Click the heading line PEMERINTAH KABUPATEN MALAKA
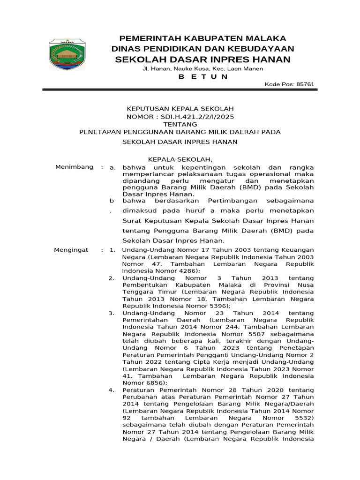tap(202, 38)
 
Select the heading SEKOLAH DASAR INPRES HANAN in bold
tap(202, 59)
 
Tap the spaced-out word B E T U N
tap(203, 76)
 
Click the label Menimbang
tap(74, 167)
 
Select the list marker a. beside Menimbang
tap(112, 167)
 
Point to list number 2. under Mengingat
tap(112, 278)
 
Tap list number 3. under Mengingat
tap(112, 313)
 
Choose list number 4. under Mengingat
tap(112, 390)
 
